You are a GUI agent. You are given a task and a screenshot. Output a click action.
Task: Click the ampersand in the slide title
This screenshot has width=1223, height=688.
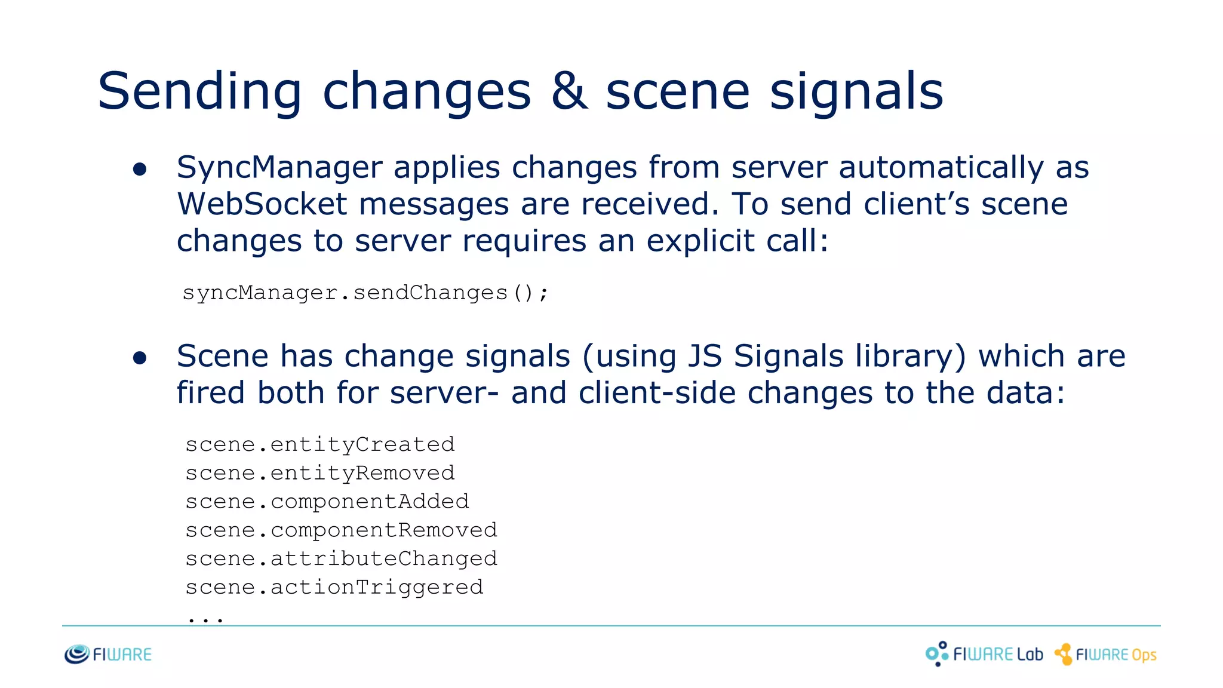click(569, 91)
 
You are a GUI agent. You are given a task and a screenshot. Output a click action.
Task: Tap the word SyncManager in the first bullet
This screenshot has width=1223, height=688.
click(279, 168)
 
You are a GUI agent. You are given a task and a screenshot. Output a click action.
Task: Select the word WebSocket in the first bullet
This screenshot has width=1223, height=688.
click(262, 204)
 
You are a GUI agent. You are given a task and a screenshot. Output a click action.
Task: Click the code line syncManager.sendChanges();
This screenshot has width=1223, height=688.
click(365, 293)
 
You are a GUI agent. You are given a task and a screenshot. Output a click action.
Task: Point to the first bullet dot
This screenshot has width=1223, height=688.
click(140, 170)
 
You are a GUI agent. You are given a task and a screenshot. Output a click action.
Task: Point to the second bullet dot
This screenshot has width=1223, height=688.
click(140, 358)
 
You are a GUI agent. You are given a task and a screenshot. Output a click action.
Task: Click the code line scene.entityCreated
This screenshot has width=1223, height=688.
click(320, 444)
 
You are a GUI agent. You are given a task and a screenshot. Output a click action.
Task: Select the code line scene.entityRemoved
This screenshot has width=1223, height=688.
click(320, 473)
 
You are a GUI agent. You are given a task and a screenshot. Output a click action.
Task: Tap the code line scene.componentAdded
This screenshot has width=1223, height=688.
click(327, 502)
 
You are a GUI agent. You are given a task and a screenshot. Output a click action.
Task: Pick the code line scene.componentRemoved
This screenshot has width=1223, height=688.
click(341, 530)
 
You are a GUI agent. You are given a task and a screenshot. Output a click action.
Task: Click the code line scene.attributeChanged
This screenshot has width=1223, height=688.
click(341, 559)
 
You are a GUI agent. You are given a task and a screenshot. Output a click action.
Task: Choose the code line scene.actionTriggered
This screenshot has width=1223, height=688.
click(334, 588)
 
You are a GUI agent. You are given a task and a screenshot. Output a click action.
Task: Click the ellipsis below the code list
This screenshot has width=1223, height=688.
click(205, 619)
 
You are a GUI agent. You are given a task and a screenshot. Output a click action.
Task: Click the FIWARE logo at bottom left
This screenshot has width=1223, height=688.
click(108, 655)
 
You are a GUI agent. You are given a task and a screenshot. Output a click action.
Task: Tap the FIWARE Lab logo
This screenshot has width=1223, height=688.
click(984, 654)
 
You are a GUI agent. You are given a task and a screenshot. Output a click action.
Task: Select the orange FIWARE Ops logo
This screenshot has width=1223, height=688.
click(1105, 655)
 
